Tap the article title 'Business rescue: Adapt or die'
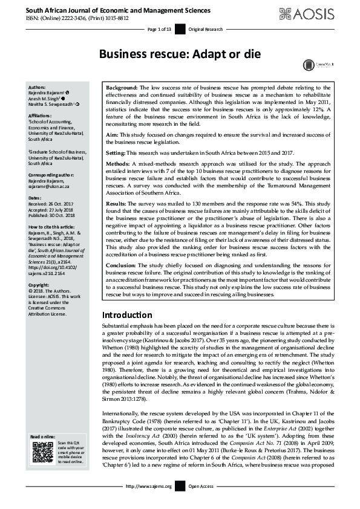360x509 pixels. [180, 54]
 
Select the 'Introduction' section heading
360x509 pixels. [126, 315]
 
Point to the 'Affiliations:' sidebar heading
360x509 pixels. [42, 114]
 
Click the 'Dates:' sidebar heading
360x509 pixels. [35, 198]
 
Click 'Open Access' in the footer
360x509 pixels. [200, 502]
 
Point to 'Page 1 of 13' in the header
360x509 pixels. [160, 30]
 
